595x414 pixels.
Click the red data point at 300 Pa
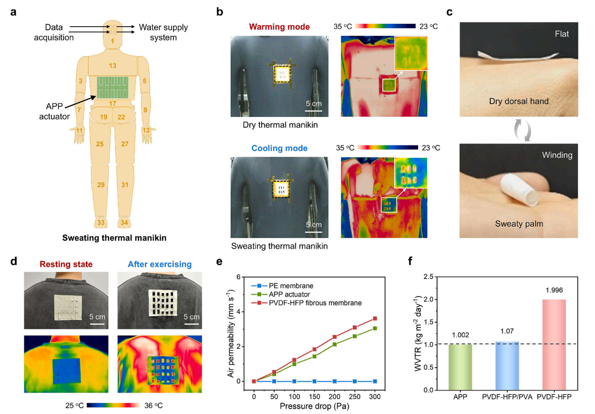click(x=375, y=318)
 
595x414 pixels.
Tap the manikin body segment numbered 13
click(x=113, y=66)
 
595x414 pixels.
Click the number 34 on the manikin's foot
click(x=124, y=222)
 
